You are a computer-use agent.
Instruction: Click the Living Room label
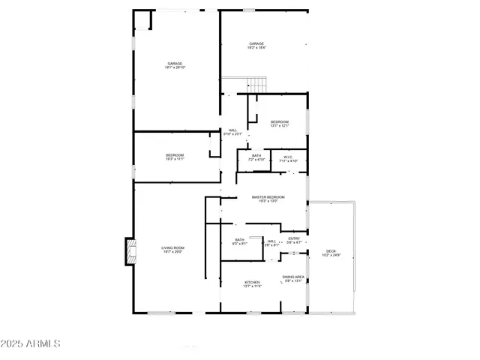pyautogui.click(x=173, y=248)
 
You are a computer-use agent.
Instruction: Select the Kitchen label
pyautogui.click(x=252, y=282)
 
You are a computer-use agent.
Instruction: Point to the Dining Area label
pyautogui.click(x=293, y=277)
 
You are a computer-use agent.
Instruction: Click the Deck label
pyautogui.click(x=331, y=250)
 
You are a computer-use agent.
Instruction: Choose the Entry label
pyautogui.click(x=294, y=238)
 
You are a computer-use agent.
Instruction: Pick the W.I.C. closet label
pyautogui.click(x=288, y=157)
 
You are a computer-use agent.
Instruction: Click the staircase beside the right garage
pyautogui.click(x=257, y=85)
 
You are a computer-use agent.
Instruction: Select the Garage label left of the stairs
pyautogui.click(x=175, y=64)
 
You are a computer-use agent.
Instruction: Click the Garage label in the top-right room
pyautogui.click(x=256, y=44)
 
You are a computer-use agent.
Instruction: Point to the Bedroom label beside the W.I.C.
pyautogui.click(x=280, y=121)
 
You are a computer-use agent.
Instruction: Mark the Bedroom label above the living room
pyautogui.click(x=175, y=155)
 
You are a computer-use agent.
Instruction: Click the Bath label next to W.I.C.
pyautogui.click(x=256, y=156)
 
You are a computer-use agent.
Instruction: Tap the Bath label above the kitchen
pyautogui.click(x=239, y=239)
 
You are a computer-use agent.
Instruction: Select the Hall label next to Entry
pyautogui.click(x=271, y=241)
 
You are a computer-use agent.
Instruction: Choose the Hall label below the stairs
pyautogui.click(x=233, y=130)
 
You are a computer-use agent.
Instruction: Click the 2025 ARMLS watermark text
pyautogui.click(x=31, y=343)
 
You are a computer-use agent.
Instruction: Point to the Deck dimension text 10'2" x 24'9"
pyautogui.click(x=331, y=256)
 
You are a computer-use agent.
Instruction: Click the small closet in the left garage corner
pyautogui.click(x=142, y=20)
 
